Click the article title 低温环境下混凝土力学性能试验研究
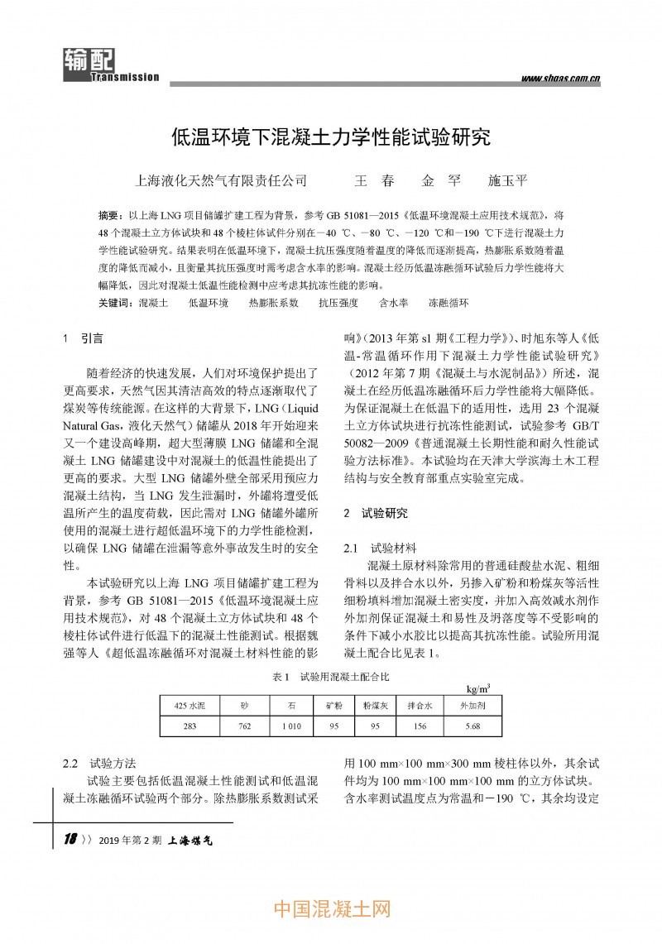coord(330,136)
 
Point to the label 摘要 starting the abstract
coord(110,213)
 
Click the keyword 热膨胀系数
coord(273,304)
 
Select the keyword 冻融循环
coord(448,304)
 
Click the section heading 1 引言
coord(84,338)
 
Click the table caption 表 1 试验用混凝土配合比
coord(330,677)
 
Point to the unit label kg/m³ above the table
coord(477,688)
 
